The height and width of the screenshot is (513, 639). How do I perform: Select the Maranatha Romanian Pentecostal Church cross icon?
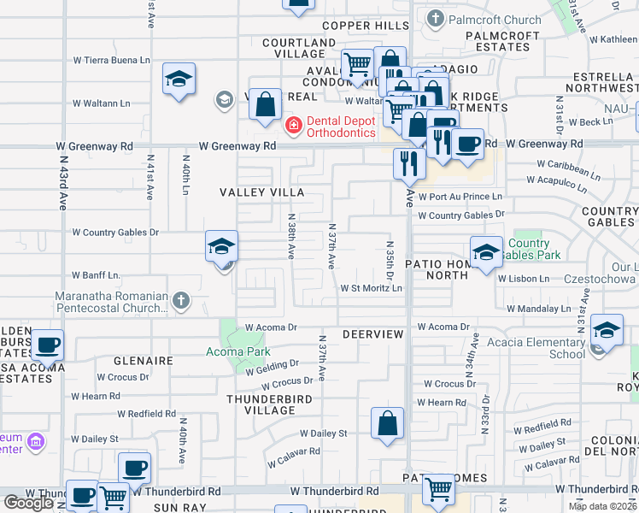[179, 300]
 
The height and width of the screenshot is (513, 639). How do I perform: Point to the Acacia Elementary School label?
[536, 348]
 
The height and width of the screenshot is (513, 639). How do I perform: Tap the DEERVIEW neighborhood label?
[372, 333]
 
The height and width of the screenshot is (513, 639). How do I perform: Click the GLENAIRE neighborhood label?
[135, 362]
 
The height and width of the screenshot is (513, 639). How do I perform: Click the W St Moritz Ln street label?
[371, 289]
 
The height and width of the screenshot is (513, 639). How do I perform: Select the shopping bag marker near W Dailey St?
[387, 424]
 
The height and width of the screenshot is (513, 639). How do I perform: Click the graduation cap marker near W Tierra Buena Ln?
[179, 80]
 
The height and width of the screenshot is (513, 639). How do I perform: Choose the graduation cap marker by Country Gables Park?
[485, 252]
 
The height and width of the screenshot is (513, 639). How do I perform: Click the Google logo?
[28, 503]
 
